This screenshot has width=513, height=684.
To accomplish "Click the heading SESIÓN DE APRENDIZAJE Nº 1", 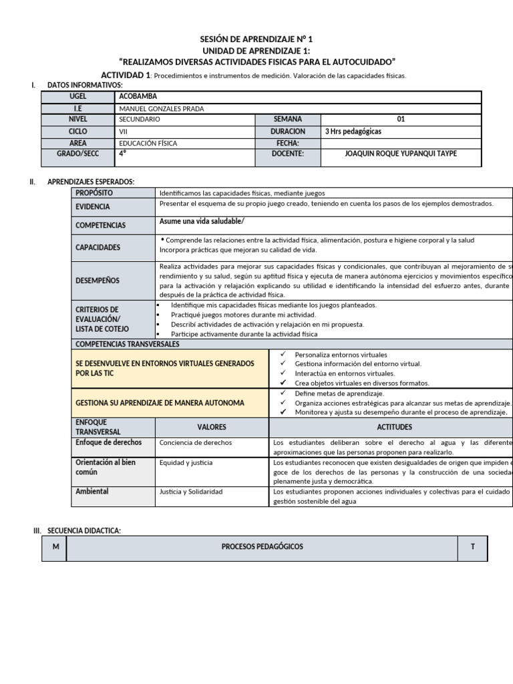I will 256,40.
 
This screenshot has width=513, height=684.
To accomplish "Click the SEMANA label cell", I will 288,120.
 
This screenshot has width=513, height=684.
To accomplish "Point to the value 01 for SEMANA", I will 401,120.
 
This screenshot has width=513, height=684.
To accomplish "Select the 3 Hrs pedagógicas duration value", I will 353,132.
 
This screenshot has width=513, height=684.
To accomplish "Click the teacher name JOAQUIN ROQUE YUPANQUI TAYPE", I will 401,154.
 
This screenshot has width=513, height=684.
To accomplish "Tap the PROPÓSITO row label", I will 94,192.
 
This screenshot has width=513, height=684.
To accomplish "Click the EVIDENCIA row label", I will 93,207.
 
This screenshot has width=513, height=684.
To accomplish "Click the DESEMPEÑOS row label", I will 98,281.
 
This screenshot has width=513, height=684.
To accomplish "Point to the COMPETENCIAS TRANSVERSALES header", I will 128,344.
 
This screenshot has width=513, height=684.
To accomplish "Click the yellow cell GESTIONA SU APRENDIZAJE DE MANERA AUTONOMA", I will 160,403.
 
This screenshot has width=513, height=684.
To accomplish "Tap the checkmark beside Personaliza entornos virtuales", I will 283,355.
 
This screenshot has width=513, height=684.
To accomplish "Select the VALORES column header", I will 212,427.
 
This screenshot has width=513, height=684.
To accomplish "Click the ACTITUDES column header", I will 394,427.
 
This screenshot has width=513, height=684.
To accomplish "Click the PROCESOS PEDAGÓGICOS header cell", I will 262,547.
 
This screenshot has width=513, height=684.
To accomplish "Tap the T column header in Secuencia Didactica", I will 472,547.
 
